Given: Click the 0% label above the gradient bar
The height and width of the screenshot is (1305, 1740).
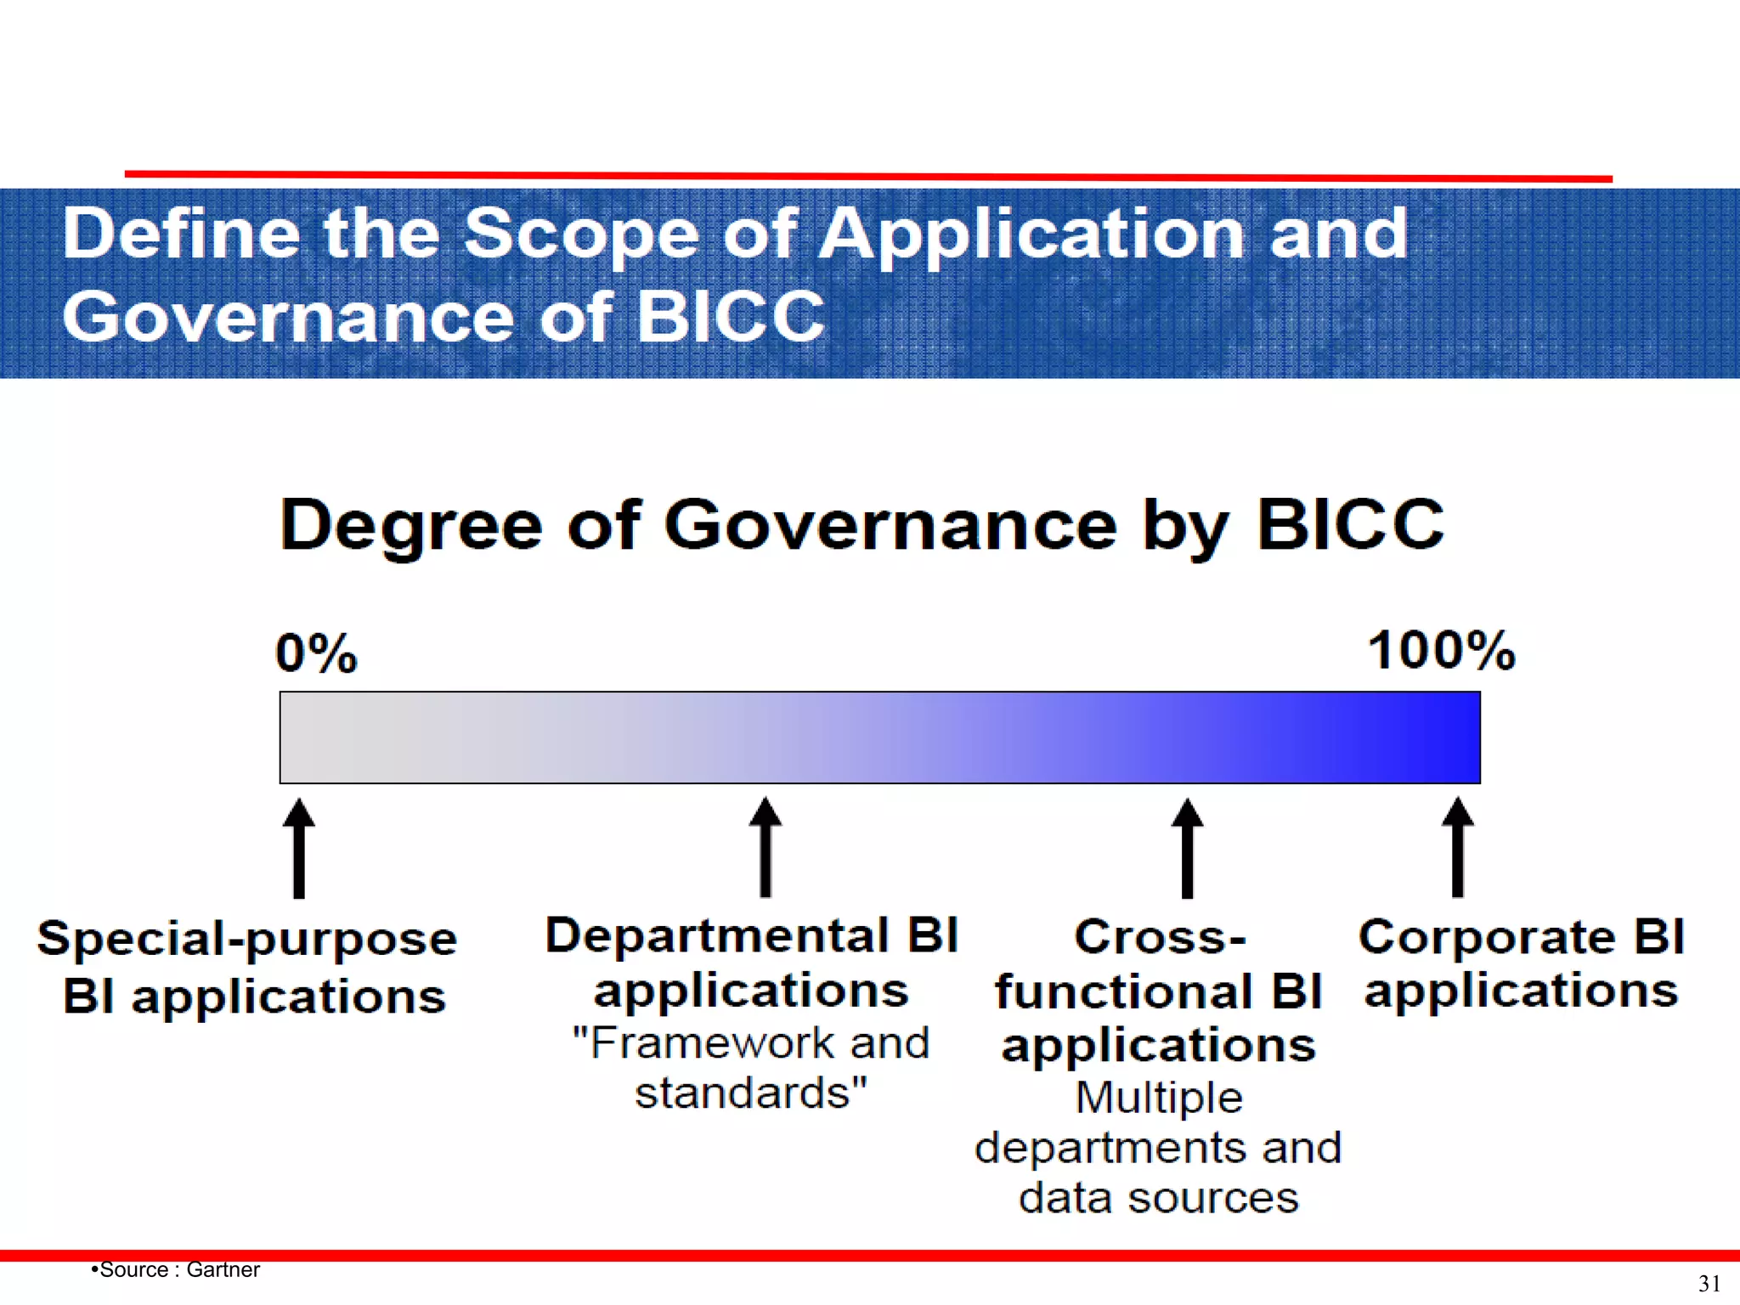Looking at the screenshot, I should (x=316, y=653).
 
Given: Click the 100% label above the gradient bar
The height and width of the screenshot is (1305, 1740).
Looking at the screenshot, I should (x=1441, y=651).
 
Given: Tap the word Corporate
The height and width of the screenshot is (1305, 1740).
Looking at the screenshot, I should (x=1486, y=937).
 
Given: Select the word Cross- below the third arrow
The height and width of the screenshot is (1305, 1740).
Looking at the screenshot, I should (x=1160, y=937).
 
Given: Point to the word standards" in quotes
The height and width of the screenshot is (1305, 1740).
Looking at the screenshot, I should (x=751, y=1093).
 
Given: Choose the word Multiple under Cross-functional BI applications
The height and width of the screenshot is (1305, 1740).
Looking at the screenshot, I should (x=1159, y=1097).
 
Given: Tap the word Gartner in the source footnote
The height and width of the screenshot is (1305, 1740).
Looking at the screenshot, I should (x=223, y=1269).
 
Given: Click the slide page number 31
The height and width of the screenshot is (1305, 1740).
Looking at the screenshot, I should (x=1709, y=1283).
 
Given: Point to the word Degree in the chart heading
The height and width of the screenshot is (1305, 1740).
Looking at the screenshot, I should (x=411, y=526).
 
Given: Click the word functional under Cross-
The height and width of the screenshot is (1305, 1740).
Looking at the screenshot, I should (x=1123, y=991).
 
